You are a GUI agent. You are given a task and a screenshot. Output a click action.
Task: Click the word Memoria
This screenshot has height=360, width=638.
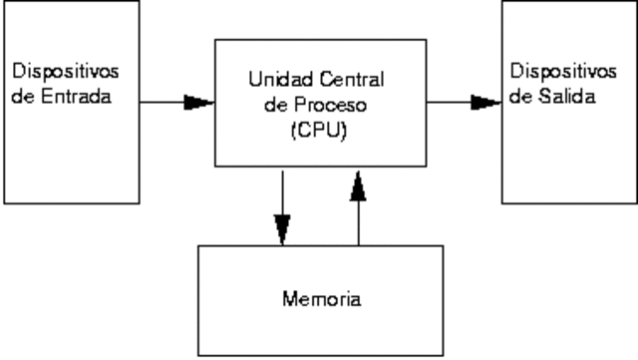321,298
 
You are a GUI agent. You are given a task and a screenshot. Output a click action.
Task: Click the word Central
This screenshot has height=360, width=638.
353,79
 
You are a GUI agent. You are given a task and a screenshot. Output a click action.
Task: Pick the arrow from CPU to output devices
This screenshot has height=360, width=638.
465,101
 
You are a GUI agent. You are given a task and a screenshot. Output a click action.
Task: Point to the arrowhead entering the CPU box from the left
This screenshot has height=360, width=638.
199,101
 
